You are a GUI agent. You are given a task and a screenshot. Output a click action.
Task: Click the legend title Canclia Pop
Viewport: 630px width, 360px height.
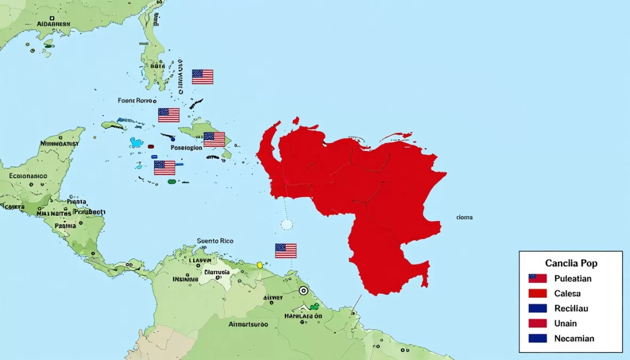coord(571,263)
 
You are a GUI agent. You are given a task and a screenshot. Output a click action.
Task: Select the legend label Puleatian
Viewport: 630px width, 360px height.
coord(572,278)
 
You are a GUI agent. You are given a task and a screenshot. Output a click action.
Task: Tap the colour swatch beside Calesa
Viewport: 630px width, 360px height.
coord(537,293)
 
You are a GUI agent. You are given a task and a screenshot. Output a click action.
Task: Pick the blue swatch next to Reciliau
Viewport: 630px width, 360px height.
coord(537,308)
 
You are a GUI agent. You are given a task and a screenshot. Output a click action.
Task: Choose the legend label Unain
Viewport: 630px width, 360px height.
coord(565,323)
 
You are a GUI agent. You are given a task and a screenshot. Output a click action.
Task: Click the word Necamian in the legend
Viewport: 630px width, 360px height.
coord(574,338)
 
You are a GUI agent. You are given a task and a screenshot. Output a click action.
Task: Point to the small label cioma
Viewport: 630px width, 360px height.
coord(464,218)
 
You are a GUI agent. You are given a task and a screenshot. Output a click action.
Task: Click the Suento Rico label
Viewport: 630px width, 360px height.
coord(215,241)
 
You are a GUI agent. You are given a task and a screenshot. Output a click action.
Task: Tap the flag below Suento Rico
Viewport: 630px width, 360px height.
coord(285,251)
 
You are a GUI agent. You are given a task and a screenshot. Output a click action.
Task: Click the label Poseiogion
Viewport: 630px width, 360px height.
coord(186,148)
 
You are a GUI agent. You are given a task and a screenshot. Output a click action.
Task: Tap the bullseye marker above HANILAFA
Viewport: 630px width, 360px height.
coord(303,291)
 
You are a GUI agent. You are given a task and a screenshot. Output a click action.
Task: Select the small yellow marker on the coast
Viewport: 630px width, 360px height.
coord(260,265)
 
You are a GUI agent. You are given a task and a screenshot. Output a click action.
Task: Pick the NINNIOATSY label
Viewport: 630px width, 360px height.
coord(59,143)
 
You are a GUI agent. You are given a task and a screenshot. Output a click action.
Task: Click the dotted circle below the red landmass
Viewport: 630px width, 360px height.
coord(286,224)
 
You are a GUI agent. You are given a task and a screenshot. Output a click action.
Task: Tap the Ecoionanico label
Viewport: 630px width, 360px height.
coord(28,175)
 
